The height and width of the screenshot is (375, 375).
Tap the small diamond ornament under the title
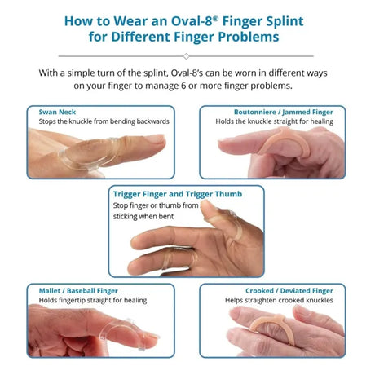tap(187, 56)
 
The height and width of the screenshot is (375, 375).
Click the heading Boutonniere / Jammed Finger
tap(286, 111)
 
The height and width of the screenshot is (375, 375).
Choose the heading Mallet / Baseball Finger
tap(78, 289)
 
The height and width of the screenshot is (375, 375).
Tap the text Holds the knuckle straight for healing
tap(278, 121)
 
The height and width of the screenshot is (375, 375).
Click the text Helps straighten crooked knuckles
tap(282, 300)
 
